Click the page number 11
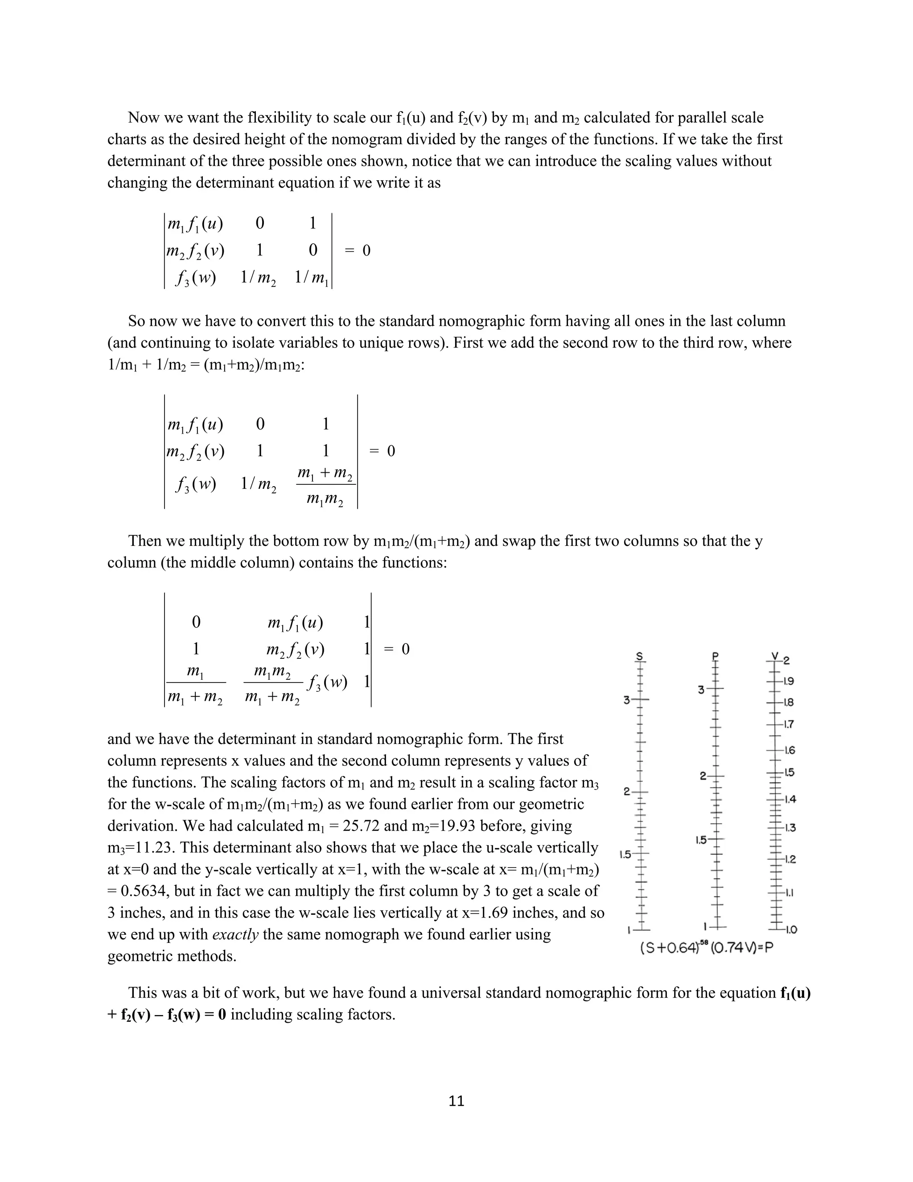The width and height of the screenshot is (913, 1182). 456,1101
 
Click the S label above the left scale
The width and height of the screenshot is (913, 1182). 639,657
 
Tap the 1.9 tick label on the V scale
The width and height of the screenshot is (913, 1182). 789,682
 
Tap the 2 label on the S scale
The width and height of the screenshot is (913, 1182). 627,792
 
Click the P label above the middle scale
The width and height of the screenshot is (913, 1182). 715,657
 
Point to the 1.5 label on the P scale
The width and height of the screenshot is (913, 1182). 701,840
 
